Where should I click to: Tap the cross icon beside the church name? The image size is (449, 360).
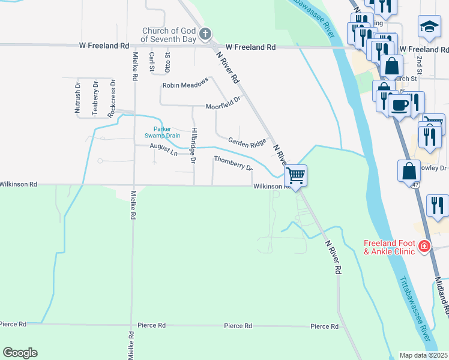pyautogui.click(x=205, y=34)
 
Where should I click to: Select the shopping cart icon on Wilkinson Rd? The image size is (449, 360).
pyautogui.click(x=295, y=175)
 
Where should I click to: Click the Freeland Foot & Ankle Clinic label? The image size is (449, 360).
pyautogui.click(x=389, y=247)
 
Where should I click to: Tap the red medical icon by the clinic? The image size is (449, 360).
pyautogui.click(x=424, y=246)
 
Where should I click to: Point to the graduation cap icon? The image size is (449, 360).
pyautogui.click(x=429, y=26)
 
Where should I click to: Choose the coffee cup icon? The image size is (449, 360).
pyautogui.click(x=399, y=106)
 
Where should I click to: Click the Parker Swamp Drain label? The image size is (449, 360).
pyautogui.click(x=166, y=132)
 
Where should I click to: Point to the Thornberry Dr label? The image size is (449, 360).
pyautogui.click(x=233, y=163)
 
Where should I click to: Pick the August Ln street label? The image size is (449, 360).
pyautogui.click(x=163, y=149)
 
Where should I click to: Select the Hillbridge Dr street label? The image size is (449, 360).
pyautogui.click(x=193, y=146)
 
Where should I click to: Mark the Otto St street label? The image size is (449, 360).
pyautogui.click(x=168, y=63)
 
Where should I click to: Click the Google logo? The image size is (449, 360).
pyautogui.click(x=20, y=353)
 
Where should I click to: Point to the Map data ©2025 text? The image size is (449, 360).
pyautogui.click(x=424, y=355)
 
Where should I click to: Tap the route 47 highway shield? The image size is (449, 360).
pyautogui.click(x=415, y=185)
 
